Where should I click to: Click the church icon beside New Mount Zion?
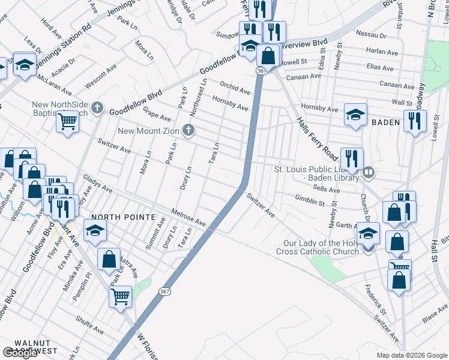(188, 130)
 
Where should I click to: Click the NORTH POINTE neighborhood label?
(124, 217)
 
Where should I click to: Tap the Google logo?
(20, 353)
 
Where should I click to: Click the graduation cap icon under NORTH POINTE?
(95, 231)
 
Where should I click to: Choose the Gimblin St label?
(310, 199)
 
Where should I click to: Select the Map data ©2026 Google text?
(412, 355)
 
